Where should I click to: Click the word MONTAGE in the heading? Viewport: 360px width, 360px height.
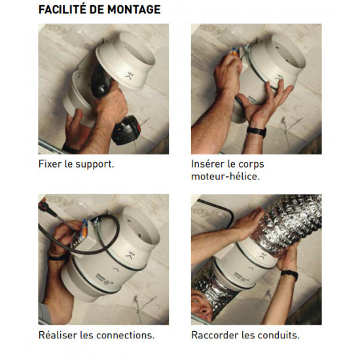point(134,9)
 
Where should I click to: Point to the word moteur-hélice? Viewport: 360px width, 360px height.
point(225,176)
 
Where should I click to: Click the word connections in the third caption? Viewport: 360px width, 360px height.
point(125,335)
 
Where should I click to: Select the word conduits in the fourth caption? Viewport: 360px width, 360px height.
point(278,335)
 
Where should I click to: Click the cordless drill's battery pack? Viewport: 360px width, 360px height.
point(126,130)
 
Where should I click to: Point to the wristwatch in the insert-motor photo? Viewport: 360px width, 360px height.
point(257,132)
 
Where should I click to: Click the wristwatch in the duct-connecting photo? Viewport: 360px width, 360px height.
point(289,274)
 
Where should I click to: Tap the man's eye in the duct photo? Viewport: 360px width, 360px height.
point(196,302)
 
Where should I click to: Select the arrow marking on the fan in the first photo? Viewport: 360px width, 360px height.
point(129,77)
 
